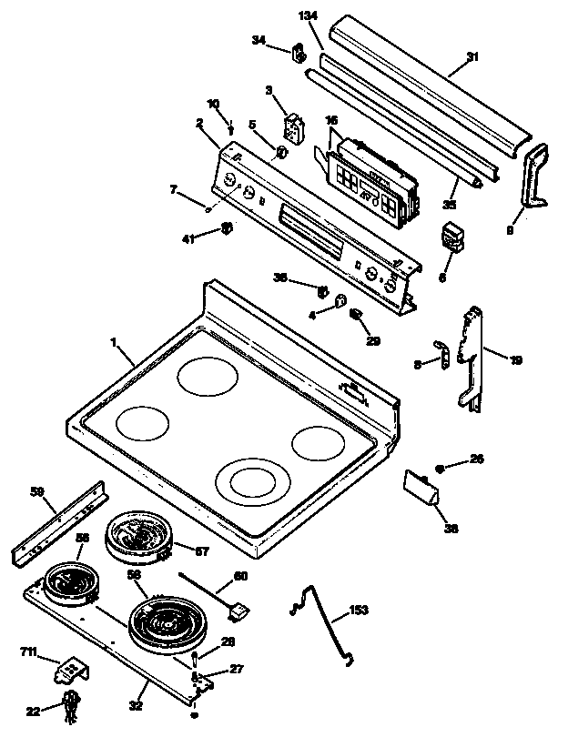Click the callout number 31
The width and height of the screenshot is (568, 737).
click(x=472, y=57)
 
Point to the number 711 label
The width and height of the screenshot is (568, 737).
click(x=28, y=652)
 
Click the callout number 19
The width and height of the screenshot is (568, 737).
click(x=516, y=360)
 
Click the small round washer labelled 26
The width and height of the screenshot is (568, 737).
click(x=440, y=468)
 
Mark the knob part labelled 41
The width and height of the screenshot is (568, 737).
click(x=228, y=227)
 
